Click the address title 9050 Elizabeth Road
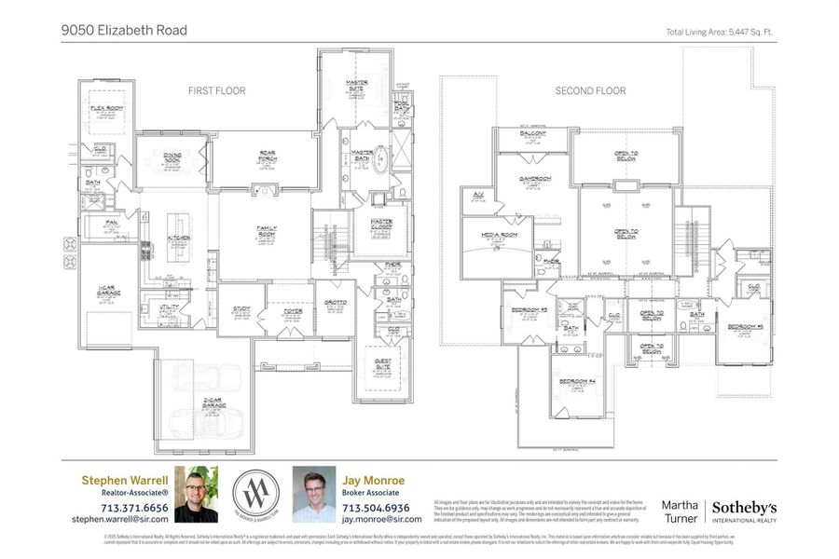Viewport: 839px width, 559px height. [x=125, y=30]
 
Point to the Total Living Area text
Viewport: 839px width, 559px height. [x=720, y=32]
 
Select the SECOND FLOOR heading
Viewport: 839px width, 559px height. [x=590, y=90]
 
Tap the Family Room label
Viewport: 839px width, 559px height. [x=266, y=228]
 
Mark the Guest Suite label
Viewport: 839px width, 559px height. [x=382, y=361]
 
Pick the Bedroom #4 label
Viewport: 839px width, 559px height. [x=577, y=381]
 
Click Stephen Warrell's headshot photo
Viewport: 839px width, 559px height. [x=196, y=494]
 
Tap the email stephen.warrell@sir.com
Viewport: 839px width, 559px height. [x=120, y=519]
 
